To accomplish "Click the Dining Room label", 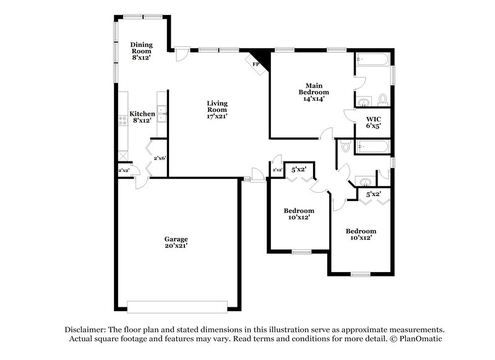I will pos(141,50).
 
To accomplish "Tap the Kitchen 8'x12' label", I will pos(141,117).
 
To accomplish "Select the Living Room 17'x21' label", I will pos(217,109).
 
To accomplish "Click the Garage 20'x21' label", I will pos(176,242).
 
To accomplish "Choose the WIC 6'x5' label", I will pos(373,122).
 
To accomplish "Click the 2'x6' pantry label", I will pos(160,158).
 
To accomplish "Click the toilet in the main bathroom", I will pos(382,99).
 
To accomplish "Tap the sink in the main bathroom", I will pos(363,101).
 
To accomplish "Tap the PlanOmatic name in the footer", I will pos(421,340).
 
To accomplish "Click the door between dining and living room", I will pos(181,54).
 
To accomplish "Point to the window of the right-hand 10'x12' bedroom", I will pos(360,273).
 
